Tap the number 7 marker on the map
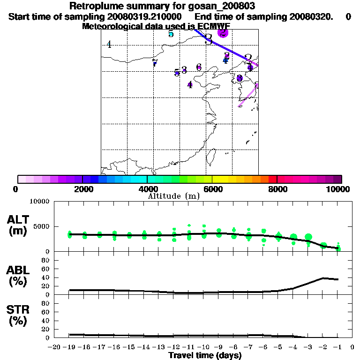click(x=155, y=63)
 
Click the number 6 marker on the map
click(x=199, y=67)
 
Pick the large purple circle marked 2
click(x=223, y=32)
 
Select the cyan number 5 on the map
click(x=171, y=34)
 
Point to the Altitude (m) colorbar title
click(x=173, y=196)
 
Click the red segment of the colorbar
click(x=272, y=179)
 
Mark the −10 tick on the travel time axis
click(x=204, y=347)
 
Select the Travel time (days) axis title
click(x=205, y=355)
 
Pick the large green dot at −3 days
click(x=308, y=237)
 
